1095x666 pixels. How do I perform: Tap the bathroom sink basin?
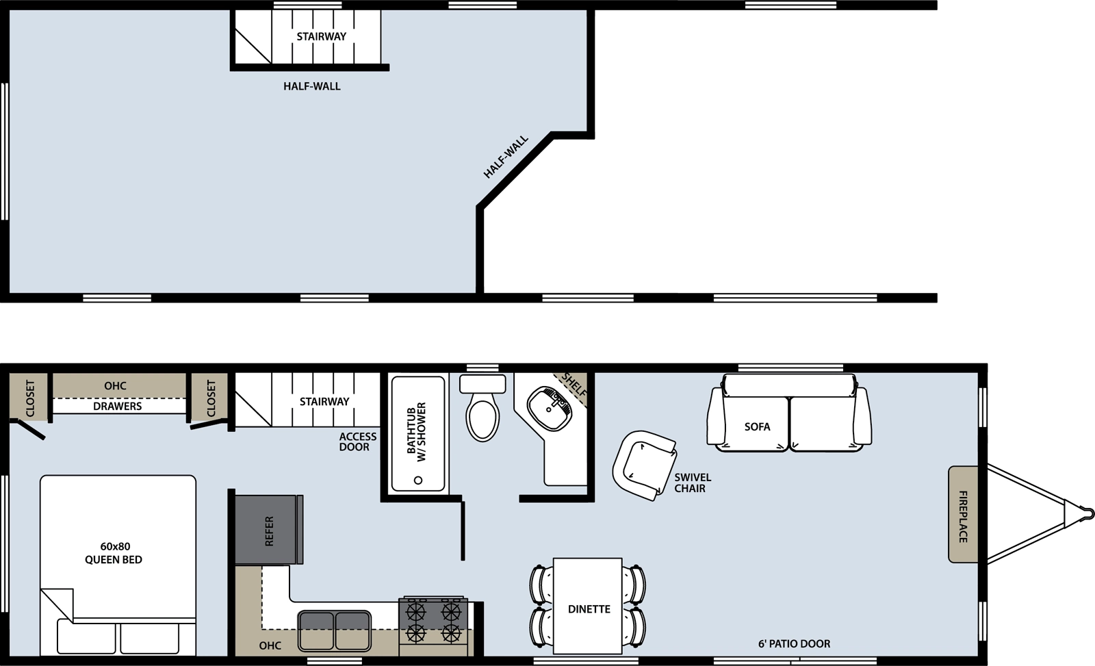(550, 409)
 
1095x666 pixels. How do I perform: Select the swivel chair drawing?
(644, 465)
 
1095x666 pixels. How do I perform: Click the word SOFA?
(757, 427)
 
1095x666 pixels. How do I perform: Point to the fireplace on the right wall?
(964, 515)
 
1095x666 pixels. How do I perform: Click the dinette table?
(588, 606)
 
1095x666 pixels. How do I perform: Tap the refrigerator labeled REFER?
(269, 530)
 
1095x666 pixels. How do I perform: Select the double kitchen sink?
(335, 631)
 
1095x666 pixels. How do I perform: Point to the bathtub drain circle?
(418, 481)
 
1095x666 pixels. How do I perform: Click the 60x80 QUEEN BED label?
(114, 553)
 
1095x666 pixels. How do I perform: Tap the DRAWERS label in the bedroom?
(117, 407)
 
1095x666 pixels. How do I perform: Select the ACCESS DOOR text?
(358, 441)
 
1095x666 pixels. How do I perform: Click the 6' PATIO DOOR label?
(794, 644)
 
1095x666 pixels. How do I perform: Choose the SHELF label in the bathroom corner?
(574, 385)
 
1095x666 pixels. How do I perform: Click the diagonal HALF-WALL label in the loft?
(506, 157)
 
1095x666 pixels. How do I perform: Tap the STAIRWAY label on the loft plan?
(321, 37)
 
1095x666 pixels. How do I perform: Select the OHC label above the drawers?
(115, 386)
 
